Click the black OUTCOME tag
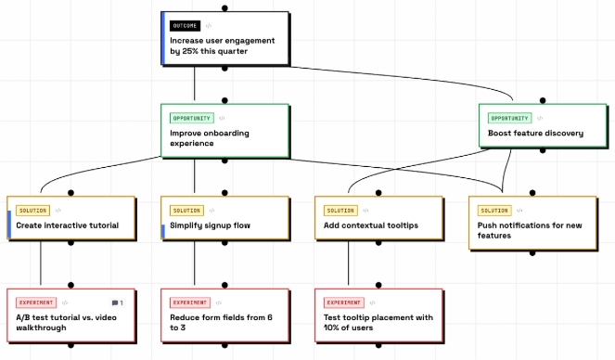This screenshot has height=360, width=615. [x=185, y=26]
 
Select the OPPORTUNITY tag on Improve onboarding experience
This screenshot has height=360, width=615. [x=192, y=118]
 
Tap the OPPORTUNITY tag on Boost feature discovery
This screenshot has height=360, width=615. [x=510, y=118]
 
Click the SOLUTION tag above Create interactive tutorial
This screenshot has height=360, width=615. [x=33, y=211]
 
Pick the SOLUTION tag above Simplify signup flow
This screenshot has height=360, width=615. [x=186, y=211]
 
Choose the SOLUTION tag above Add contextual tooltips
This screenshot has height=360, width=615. [x=340, y=211]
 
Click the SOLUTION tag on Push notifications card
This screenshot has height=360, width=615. [x=494, y=211]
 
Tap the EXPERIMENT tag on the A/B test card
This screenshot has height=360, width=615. [x=36, y=302]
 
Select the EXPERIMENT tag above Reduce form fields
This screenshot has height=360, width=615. [x=190, y=302]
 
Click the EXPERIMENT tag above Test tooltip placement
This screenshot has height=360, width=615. [x=343, y=302]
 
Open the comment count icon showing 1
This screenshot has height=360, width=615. [x=117, y=302]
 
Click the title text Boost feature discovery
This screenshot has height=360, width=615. [x=535, y=134]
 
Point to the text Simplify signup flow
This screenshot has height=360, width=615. [x=210, y=225]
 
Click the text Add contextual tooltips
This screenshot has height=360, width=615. [x=371, y=225]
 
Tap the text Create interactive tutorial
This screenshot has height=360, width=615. [x=67, y=225]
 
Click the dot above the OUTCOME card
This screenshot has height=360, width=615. [x=224, y=7]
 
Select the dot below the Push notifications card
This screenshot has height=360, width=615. [x=532, y=253]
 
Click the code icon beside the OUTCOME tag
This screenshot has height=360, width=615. [x=209, y=26]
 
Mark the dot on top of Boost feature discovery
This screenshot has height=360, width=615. [x=543, y=100]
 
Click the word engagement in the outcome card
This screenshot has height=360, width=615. [x=251, y=41]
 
